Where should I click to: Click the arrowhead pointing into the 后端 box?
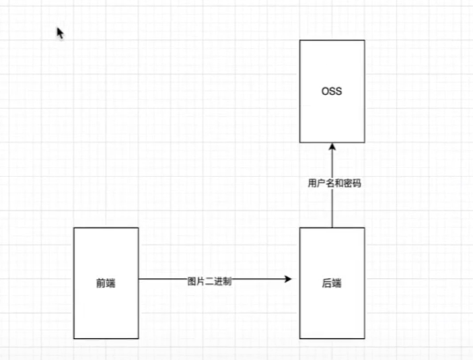coord(288,279)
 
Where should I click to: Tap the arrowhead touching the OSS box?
coord(332,146)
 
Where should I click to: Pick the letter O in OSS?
coord(324,92)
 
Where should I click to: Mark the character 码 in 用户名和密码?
coord(356,184)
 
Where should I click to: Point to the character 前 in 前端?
coord(101,283)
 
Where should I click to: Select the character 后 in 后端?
coord(327,283)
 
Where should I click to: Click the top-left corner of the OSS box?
coord(300,40)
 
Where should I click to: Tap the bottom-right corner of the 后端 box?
coord(364,339)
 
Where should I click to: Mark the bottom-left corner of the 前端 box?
coord(74,339)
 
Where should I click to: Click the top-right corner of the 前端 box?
coord(138,228)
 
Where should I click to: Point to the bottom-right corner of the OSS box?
coord(364,142)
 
